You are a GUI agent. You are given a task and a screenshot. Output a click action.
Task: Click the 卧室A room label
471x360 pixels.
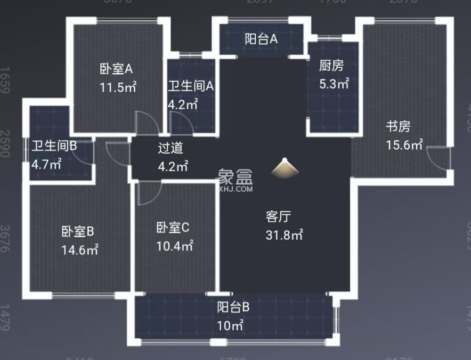(116, 69)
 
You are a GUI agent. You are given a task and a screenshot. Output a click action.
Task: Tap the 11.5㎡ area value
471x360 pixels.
(118, 87)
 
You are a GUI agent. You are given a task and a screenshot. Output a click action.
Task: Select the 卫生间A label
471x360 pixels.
(191, 86)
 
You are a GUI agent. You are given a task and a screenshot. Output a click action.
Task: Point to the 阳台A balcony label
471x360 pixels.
(261, 40)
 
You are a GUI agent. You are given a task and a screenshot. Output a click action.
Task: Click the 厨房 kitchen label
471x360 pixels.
(332, 66)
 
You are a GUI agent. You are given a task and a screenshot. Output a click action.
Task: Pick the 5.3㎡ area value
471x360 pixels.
(334, 84)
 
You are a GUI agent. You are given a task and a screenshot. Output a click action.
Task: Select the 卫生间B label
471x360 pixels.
(54, 146)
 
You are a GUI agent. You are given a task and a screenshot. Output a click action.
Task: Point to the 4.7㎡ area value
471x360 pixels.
(46, 164)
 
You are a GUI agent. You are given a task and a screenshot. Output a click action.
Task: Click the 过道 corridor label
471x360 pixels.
(170, 148)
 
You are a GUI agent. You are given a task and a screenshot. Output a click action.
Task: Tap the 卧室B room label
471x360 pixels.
(78, 231)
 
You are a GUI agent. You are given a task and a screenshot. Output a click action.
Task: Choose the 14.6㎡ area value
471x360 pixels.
(80, 249)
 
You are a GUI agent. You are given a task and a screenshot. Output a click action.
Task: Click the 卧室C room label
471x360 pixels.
(172, 228)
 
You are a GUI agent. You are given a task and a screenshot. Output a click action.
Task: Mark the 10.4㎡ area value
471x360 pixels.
(175, 246)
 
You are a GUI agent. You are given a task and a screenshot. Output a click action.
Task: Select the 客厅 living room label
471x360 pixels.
(278, 216)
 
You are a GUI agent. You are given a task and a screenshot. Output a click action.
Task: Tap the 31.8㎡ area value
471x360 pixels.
(284, 235)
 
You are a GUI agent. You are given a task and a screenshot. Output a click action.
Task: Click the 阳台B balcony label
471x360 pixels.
(233, 308)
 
